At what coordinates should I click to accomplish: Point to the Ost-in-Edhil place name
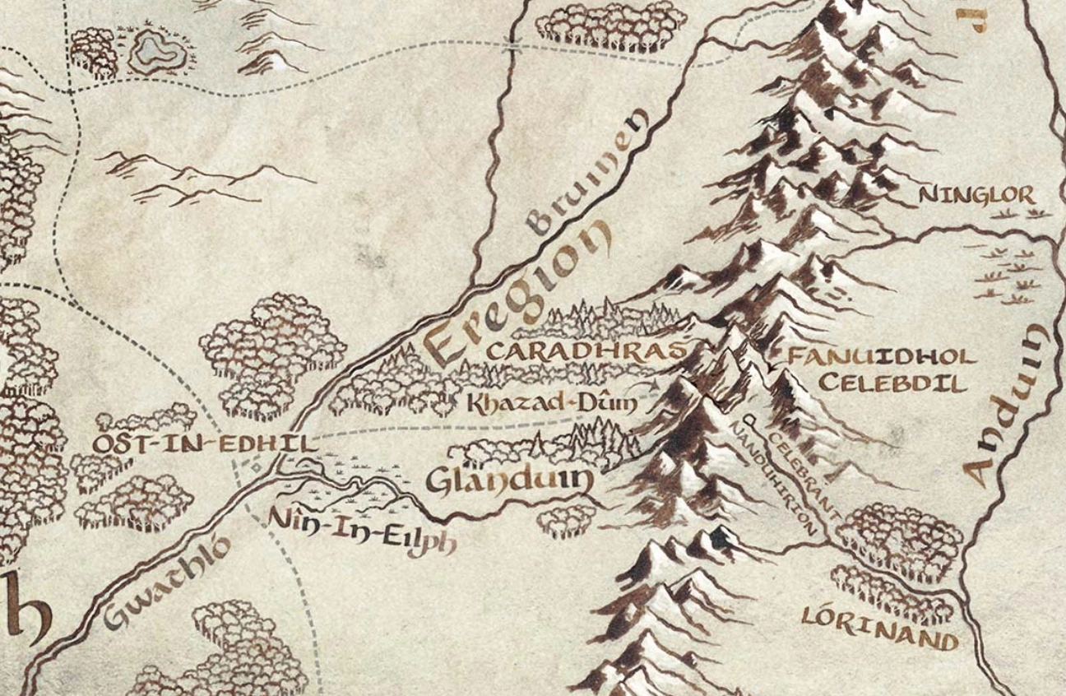coord(203,444)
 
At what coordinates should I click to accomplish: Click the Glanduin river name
coord(509,482)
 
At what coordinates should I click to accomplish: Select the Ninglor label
coord(976,196)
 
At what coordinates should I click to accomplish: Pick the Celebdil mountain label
coord(892,384)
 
